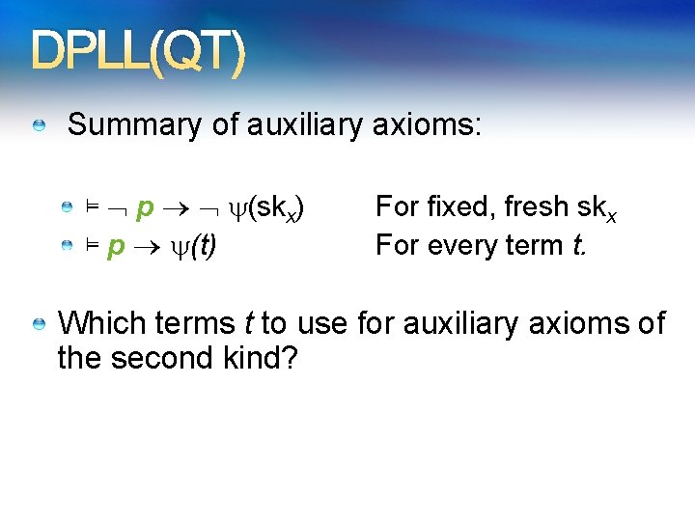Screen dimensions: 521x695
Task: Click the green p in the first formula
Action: click(145, 207)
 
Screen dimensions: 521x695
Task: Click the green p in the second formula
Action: click(117, 247)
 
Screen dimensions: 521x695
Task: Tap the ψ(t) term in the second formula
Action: click(193, 247)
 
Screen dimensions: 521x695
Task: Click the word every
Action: click(456, 246)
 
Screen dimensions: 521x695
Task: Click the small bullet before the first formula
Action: click(68, 207)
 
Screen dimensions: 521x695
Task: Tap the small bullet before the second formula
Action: click(68, 247)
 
